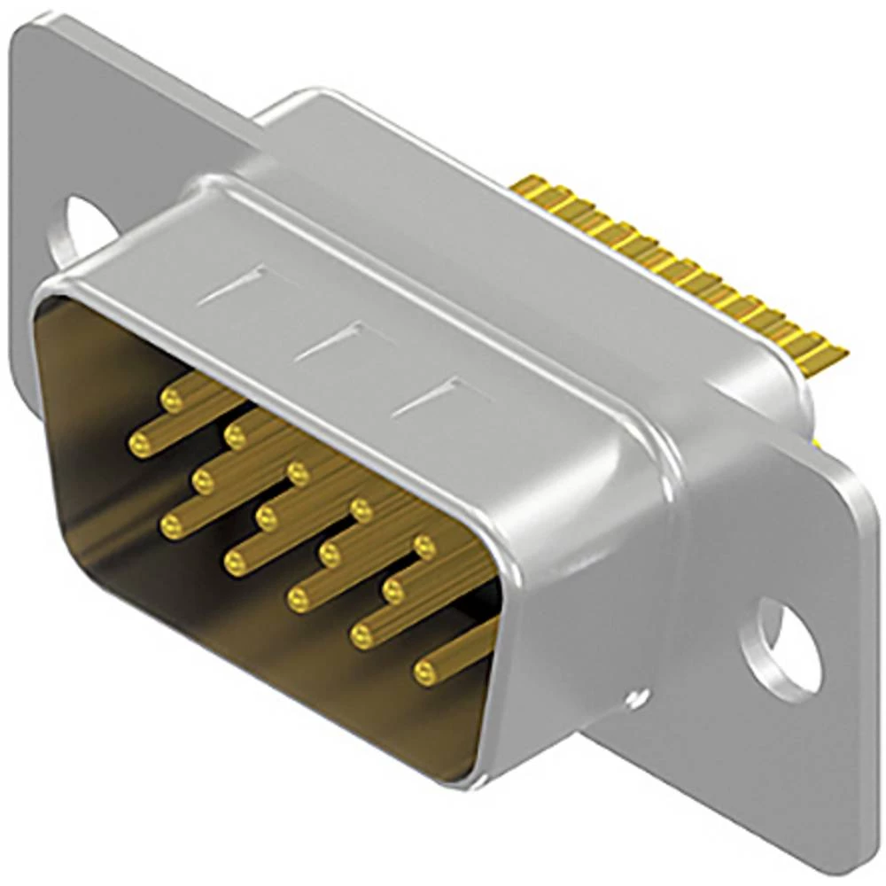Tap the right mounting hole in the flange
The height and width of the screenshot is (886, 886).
[x=780, y=645]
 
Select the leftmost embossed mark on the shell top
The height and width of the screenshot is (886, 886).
[x=232, y=286]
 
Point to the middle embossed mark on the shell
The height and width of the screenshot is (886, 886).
[x=330, y=341]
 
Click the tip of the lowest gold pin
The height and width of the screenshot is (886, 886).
[x=426, y=673]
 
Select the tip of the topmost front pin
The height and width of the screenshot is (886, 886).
[x=171, y=400]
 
